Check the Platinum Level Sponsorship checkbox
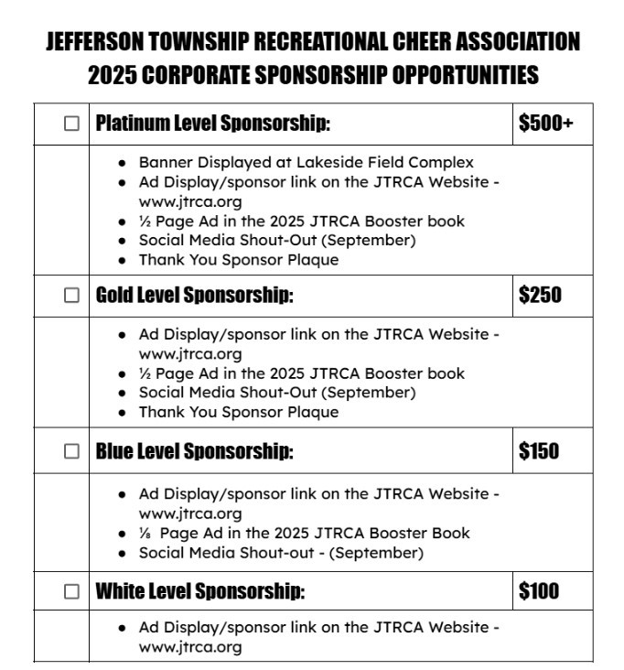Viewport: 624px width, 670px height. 72,124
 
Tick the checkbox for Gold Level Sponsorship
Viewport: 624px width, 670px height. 72,295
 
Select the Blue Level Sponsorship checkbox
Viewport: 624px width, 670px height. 72,451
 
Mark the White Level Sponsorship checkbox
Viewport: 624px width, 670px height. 72,591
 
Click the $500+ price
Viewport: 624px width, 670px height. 545,124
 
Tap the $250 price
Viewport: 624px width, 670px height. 540,295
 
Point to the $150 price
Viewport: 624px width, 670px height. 539,451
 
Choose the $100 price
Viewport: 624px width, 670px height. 539,591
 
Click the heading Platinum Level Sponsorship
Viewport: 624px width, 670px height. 212,124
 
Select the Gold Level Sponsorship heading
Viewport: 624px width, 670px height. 194,295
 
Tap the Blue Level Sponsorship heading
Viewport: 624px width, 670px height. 194,451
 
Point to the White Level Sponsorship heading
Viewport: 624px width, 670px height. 199,591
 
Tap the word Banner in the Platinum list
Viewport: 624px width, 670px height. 165,163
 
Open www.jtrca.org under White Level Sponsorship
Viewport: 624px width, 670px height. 190,647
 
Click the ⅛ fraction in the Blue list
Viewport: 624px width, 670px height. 144,533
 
